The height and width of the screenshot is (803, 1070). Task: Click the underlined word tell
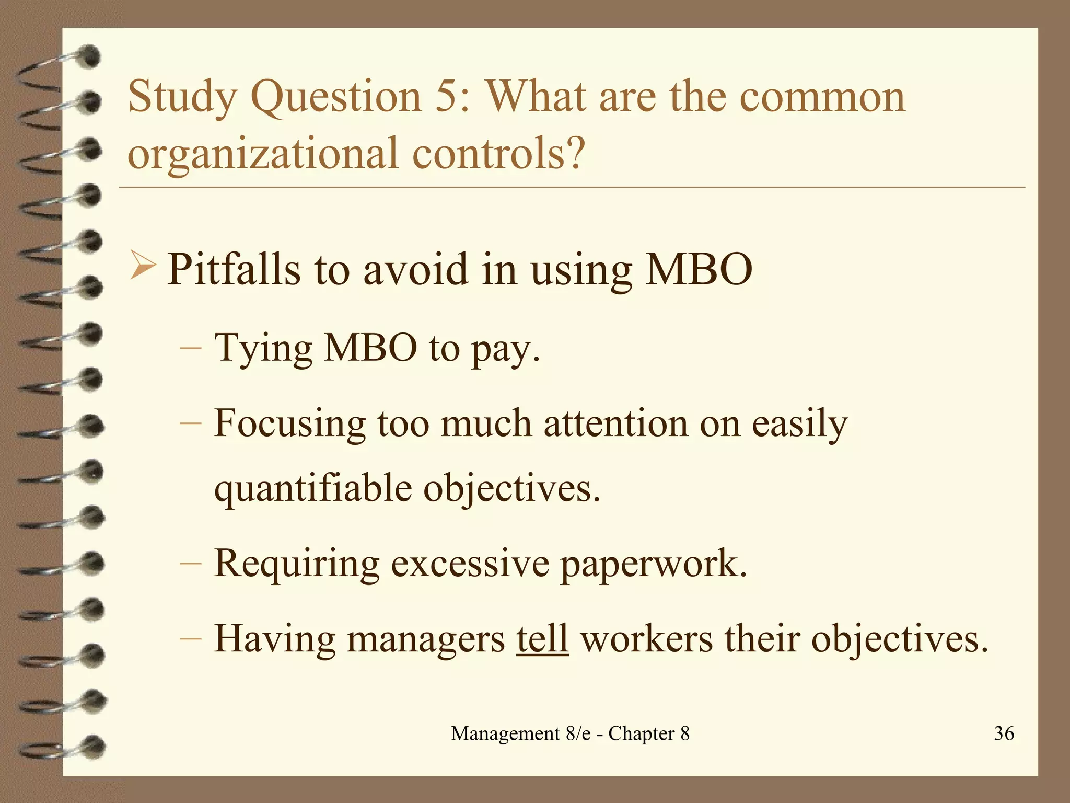pos(542,639)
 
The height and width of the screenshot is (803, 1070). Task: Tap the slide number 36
pos(1004,733)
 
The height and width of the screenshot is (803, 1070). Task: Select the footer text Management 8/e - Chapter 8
pos(570,733)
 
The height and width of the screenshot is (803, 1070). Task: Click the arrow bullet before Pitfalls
pos(142,266)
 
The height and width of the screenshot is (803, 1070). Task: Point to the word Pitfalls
pos(234,270)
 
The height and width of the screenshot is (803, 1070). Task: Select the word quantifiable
pos(313,489)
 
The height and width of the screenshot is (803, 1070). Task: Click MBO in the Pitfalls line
pos(699,270)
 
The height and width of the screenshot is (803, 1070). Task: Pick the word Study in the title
pos(181,98)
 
